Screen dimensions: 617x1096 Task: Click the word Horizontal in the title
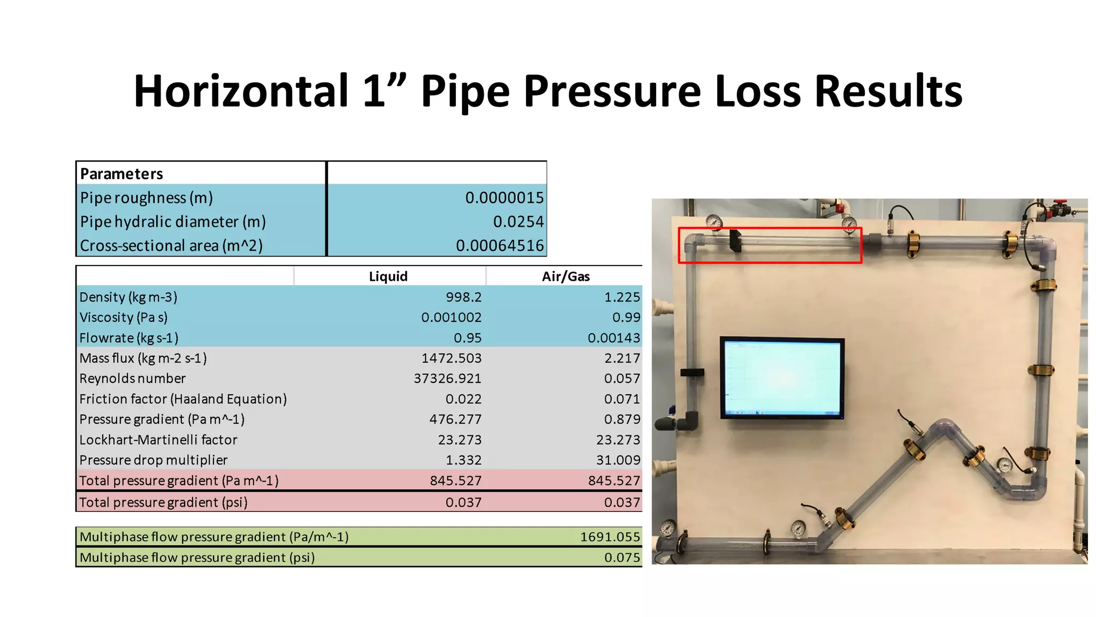coord(241,91)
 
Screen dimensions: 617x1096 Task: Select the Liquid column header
coord(388,276)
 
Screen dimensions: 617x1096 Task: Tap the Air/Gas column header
coord(566,276)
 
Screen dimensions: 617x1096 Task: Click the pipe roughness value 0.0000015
coord(504,198)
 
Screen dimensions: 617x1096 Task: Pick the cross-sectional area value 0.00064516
coord(499,245)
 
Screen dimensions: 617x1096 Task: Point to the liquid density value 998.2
coord(463,297)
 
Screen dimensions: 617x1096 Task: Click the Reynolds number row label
coord(133,378)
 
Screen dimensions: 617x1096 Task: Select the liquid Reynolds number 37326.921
coord(447,378)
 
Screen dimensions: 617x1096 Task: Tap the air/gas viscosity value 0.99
coord(626,317)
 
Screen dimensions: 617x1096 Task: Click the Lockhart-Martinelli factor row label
coord(158,440)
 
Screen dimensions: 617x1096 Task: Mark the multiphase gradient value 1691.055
coord(610,537)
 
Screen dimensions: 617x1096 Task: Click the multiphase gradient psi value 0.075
coord(622,558)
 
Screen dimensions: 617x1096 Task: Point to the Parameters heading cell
coord(121,174)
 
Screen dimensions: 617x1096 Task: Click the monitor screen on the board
coord(782,378)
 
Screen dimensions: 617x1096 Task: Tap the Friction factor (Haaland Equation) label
coord(183,399)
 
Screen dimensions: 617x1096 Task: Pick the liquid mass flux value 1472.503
coord(451,358)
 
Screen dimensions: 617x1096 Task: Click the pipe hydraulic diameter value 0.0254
coord(518,221)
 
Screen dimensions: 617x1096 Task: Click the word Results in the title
coord(888,91)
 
